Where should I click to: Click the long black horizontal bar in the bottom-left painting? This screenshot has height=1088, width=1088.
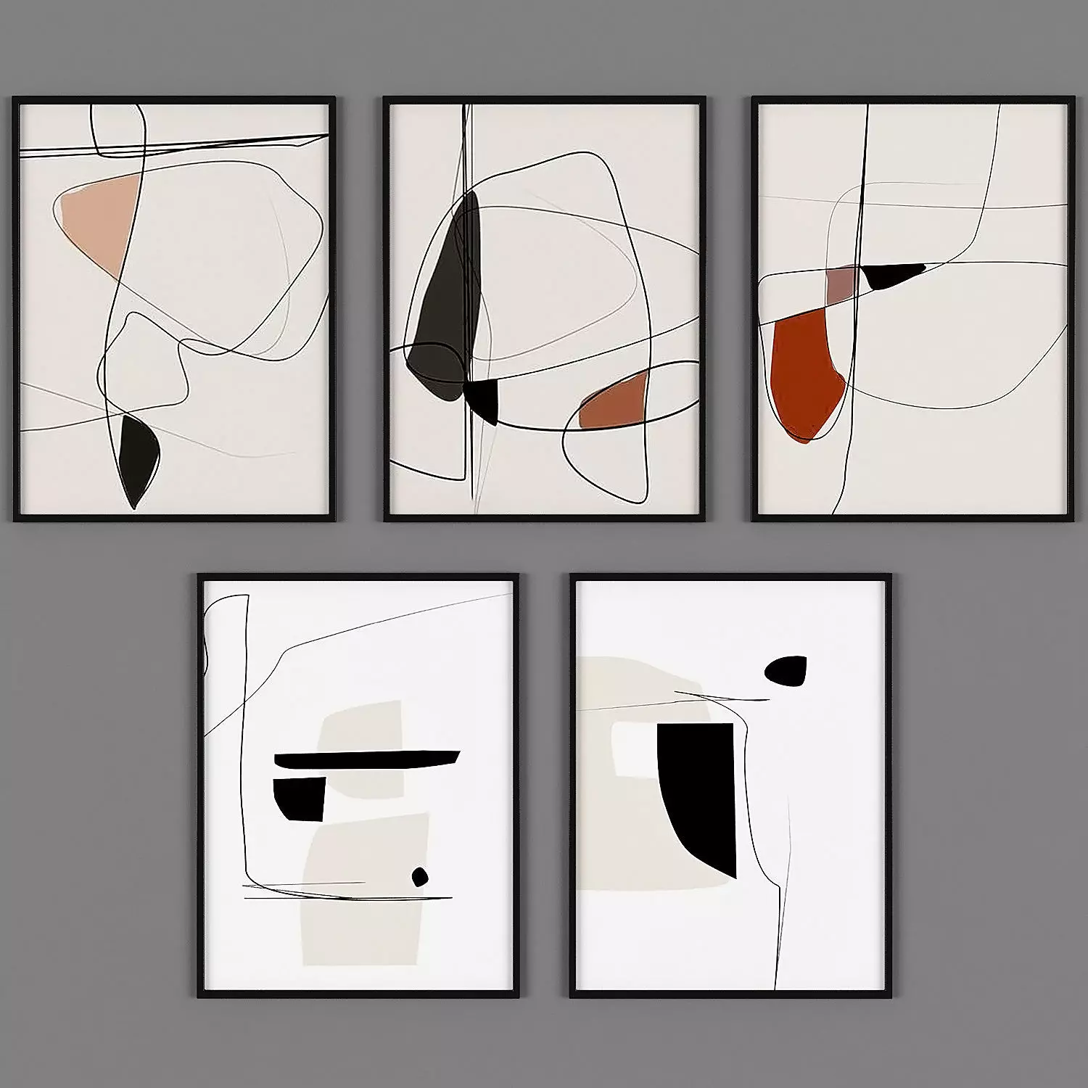click(366, 759)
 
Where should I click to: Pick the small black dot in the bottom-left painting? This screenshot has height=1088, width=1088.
click(419, 877)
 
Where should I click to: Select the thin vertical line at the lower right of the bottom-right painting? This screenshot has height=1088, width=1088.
click(780, 928)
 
